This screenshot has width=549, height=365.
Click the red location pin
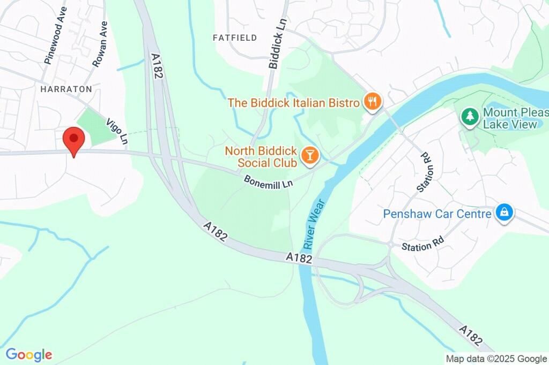tap(74, 141)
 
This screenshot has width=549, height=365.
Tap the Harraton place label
tap(66, 89)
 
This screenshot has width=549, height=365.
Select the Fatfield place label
tap(235, 37)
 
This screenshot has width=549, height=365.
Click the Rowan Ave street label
tap(100, 44)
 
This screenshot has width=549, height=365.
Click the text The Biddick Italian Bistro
tap(293, 102)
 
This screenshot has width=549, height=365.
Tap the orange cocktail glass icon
tap(309, 156)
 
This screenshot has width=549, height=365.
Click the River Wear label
tap(314, 224)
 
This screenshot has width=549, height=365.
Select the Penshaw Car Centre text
tap(437, 214)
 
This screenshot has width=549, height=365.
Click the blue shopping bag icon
tap(504, 212)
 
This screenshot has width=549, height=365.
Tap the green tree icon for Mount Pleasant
tap(470, 116)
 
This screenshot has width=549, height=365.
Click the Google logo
tap(29, 354)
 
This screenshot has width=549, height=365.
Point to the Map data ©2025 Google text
tap(496, 359)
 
